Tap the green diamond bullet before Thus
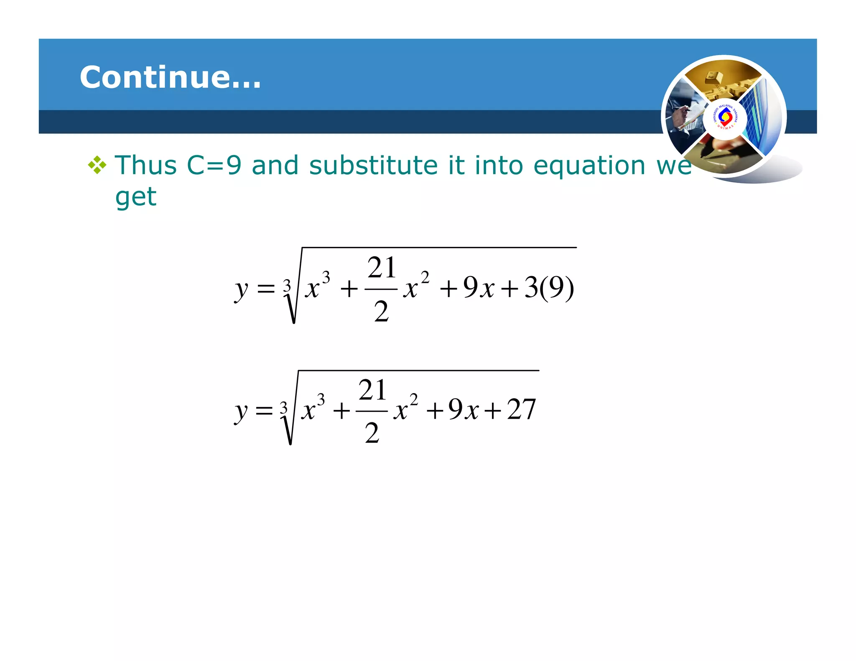click(97, 165)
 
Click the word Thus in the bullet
click(146, 165)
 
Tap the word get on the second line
click(135, 197)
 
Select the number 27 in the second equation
click(521, 409)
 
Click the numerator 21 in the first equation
click(381, 268)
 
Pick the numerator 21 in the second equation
click(372, 390)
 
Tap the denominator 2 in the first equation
click(381, 311)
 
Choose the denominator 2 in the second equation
click(372, 433)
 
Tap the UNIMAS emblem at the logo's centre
click(725, 117)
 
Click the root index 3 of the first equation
click(287, 286)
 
